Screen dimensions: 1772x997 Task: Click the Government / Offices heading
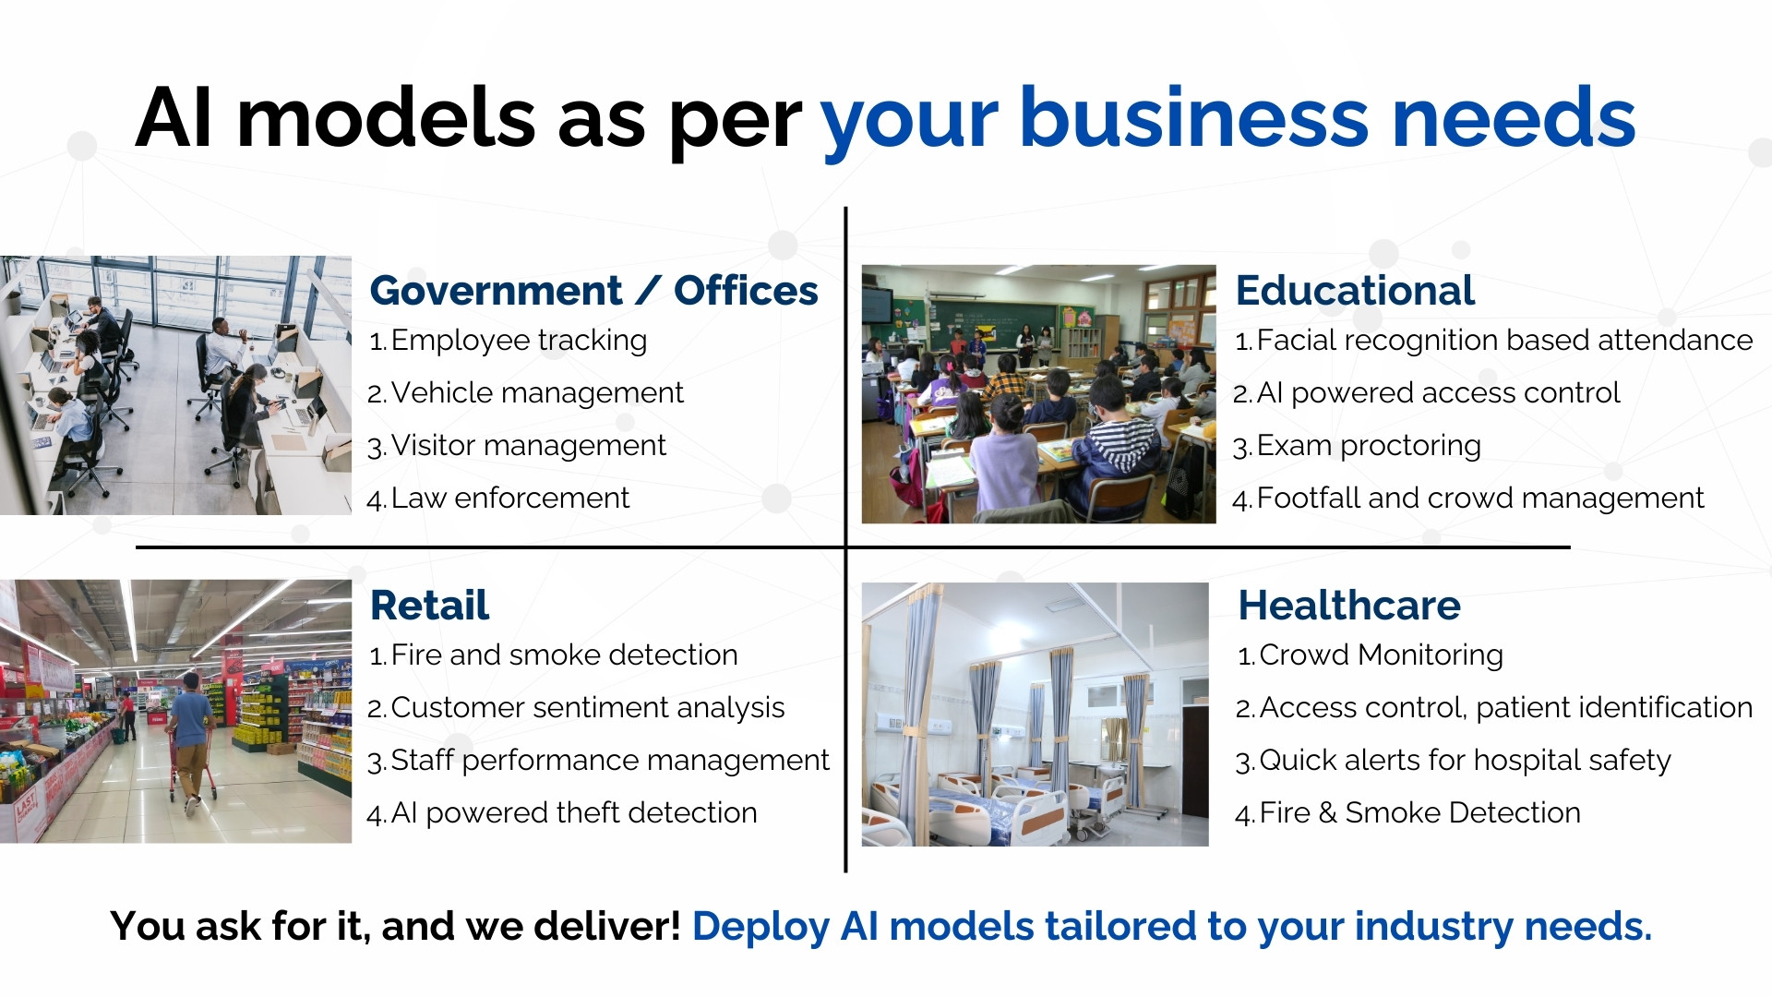coord(593,291)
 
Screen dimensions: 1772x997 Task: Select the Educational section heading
coord(1355,291)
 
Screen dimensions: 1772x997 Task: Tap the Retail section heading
coord(429,606)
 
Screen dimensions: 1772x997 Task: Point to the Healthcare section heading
coord(1349,606)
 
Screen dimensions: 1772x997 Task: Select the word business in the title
coord(1194,117)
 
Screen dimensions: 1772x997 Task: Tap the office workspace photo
coord(175,385)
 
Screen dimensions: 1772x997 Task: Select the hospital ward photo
coord(1035,715)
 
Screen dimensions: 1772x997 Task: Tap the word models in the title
coord(386,117)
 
